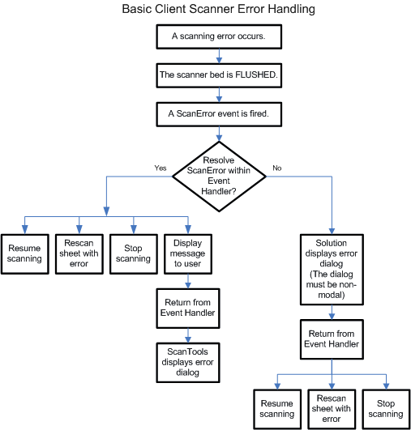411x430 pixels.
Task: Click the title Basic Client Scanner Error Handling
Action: click(218, 9)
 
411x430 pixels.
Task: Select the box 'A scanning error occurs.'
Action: click(219, 36)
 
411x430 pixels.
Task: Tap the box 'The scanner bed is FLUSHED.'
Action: click(219, 75)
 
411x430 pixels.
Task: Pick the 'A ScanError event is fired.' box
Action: click(219, 114)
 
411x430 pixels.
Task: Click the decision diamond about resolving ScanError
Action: click(219, 177)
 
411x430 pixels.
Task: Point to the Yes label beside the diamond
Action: click(161, 168)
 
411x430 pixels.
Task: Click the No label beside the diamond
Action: click(277, 168)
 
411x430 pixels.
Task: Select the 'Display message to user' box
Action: click(188, 254)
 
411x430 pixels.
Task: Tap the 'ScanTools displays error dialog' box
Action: click(188, 362)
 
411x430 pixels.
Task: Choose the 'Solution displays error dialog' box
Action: click(332, 270)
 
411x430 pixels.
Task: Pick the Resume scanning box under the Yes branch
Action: click(24, 254)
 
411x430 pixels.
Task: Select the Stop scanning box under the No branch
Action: click(386, 409)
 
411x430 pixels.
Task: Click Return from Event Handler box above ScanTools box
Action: click(188, 309)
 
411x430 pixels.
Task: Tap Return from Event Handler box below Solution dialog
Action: click(332, 339)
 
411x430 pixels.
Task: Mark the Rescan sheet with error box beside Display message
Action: click(79, 254)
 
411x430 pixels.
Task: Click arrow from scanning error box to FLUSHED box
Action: click(219, 56)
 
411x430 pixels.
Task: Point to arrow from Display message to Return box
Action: click(188, 281)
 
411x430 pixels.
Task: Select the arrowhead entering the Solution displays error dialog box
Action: click(332, 231)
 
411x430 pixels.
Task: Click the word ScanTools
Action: click(187, 351)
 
